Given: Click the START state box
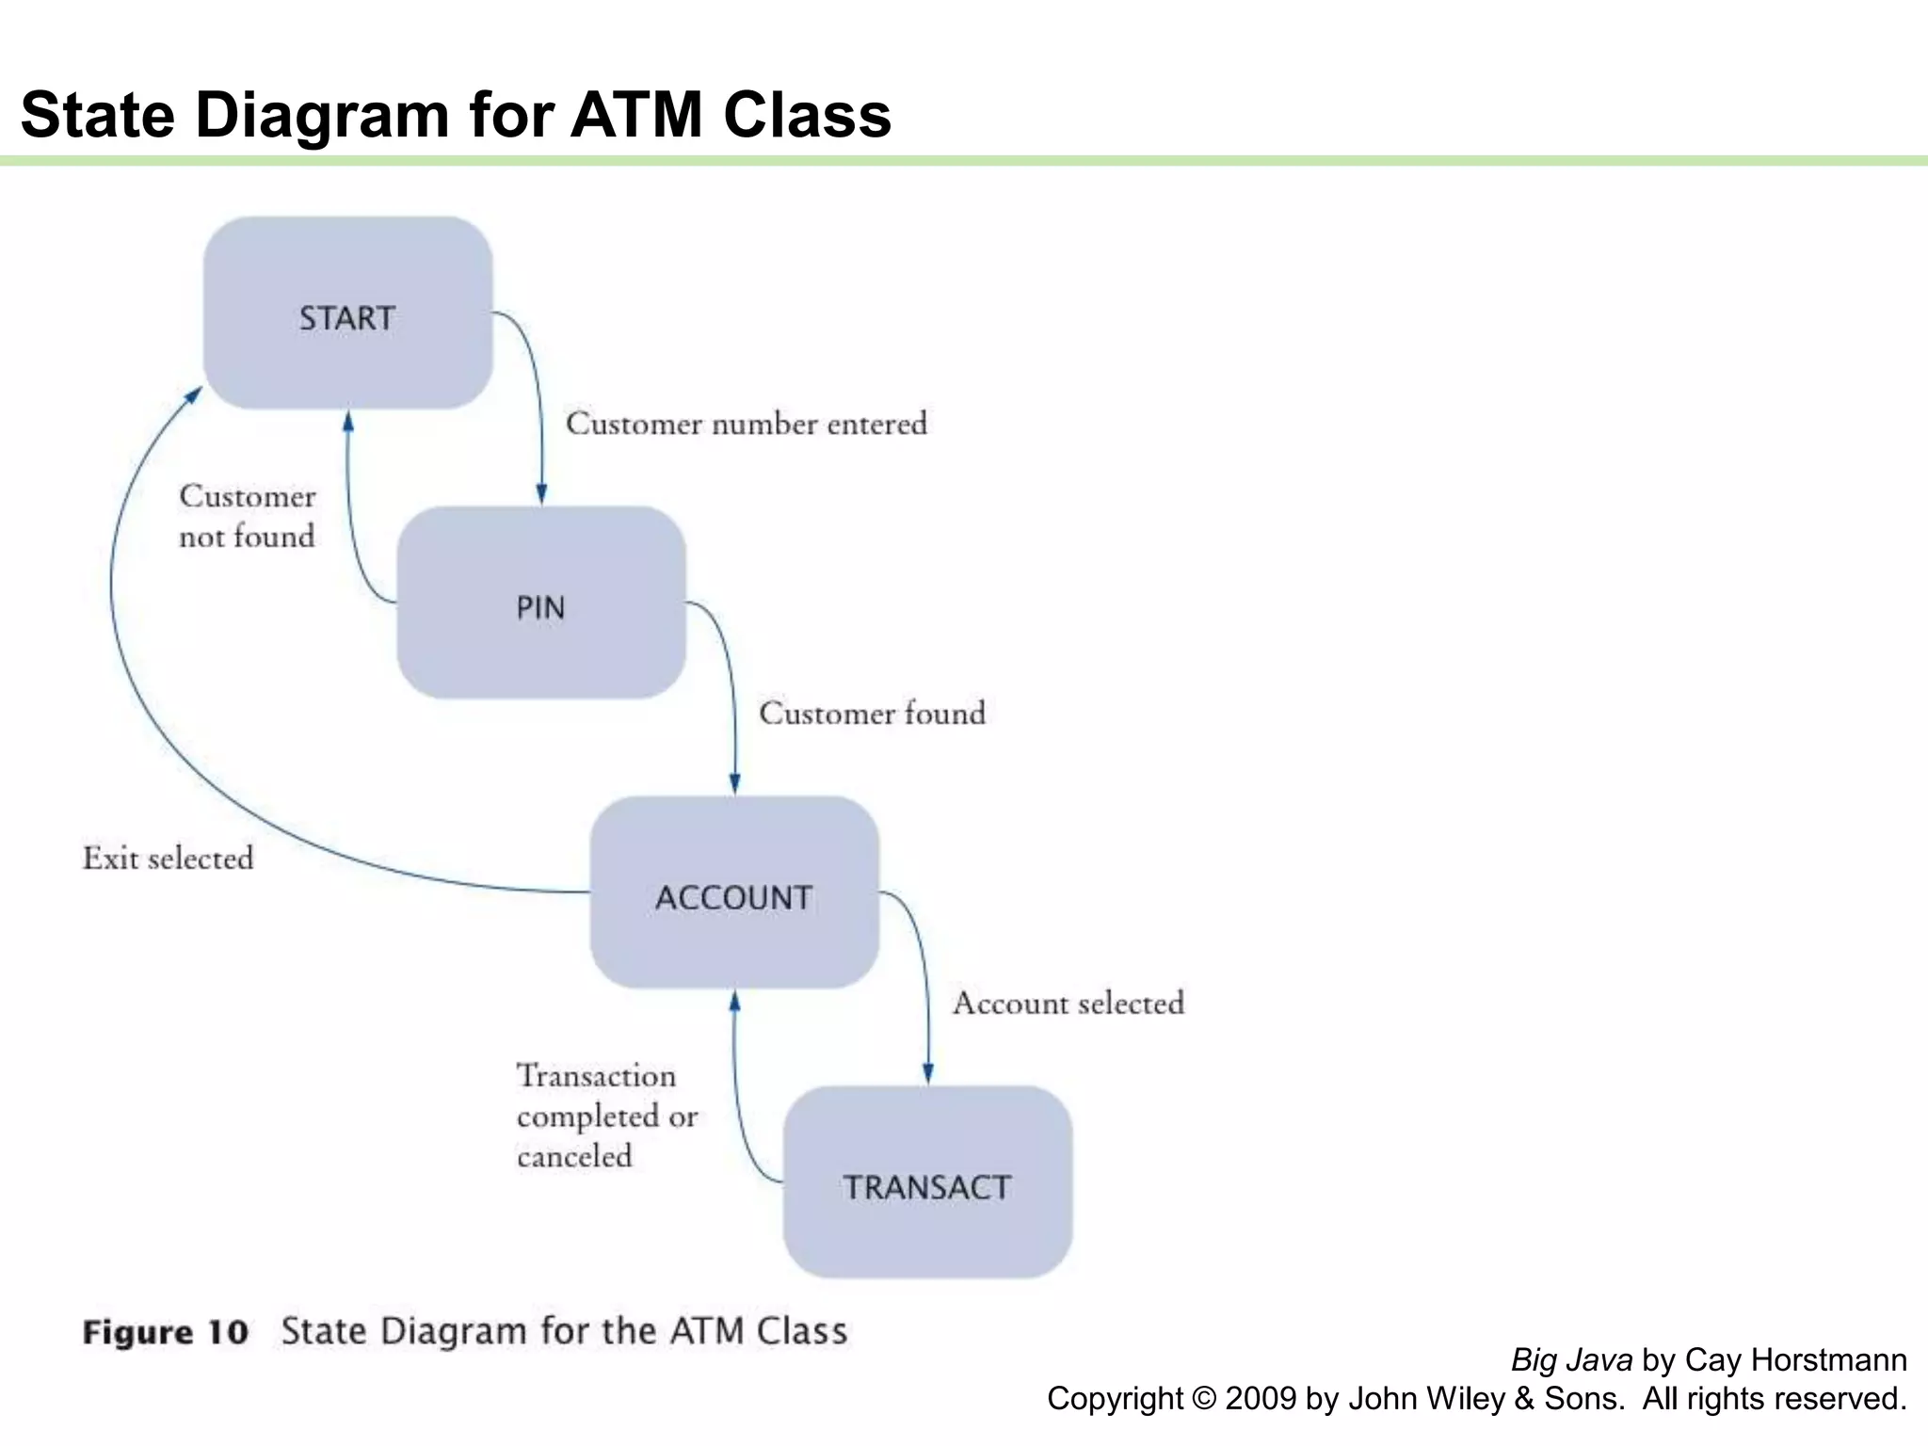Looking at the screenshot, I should [x=347, y=313].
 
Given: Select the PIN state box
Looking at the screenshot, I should [x=540, y=603].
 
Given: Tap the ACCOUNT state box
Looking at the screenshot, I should [x=734, y=893].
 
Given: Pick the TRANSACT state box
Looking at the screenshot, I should [x=927, y=1183].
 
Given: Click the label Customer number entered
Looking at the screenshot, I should [x=746, y=424].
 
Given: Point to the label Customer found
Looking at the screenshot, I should [x=872, y=714].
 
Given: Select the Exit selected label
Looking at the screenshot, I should [x=169, y=859].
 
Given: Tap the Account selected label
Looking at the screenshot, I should [x=1068, y=1004].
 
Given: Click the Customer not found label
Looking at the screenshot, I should [x=247, y=516].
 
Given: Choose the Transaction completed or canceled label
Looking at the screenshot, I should [x=606, y=1116].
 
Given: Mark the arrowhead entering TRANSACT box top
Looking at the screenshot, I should [x=928, y=1074].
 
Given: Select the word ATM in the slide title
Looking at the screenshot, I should [x=636, y=115].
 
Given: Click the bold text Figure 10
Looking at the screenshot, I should [x=165, y=1332].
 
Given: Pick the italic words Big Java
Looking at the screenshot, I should [x=1571, y=1360].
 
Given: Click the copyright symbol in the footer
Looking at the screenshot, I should [x=1203, y=1399].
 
